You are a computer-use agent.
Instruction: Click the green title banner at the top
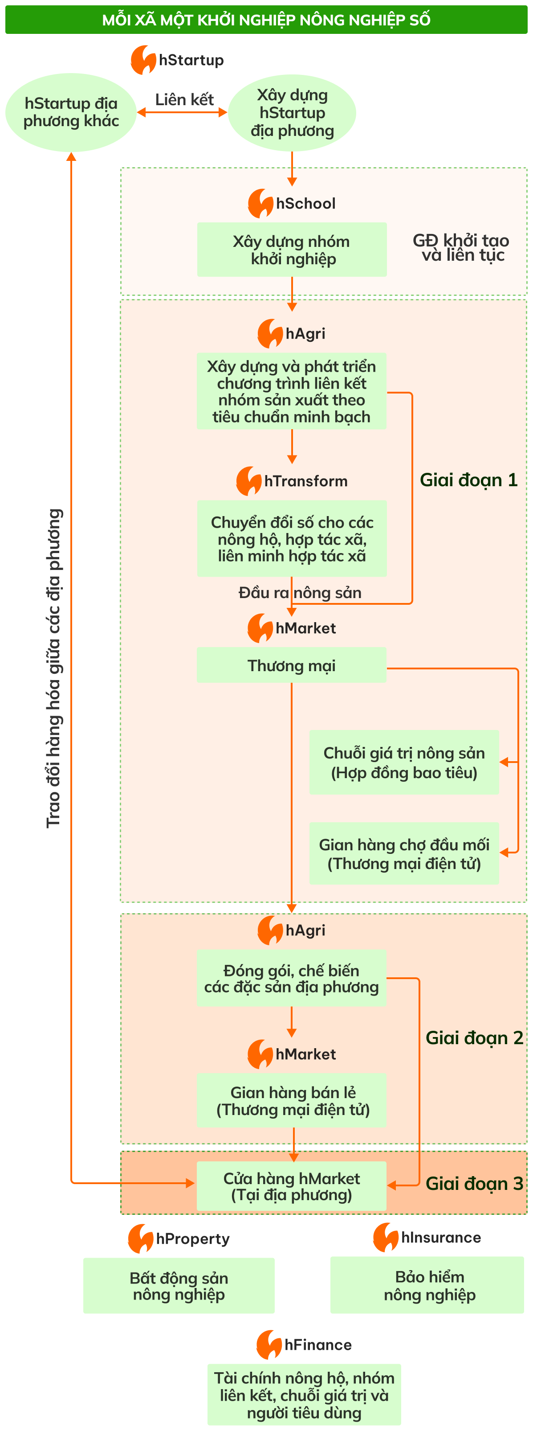[x=266, y=20]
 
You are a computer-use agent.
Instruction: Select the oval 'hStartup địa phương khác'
[x=71, y=112]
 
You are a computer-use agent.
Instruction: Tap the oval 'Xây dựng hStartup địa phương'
[x=292, y=113]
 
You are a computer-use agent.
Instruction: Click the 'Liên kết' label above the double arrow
[x=184, y=99]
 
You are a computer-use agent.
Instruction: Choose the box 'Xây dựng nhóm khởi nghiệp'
[x=292, y=250]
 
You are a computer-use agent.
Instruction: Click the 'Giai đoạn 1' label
[x=468, y=480]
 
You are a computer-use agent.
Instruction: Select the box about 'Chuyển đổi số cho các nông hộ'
[x=292, y=538]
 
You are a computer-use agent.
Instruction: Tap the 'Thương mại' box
[x=292, y=665]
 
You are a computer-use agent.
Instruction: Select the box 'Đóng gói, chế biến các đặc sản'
[x=292, y=978]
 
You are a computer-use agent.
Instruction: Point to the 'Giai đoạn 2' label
[x=474, y=1037]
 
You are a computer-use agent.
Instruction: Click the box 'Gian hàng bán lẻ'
[x=292, y=1100]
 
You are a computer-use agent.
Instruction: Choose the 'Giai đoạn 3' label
[x=474, y=1183]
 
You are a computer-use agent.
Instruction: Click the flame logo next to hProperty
[x=140, y=1239]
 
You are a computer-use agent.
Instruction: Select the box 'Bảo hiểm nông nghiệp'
[x=427, y=1285]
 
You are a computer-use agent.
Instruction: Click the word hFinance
[x=317, y=1345]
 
